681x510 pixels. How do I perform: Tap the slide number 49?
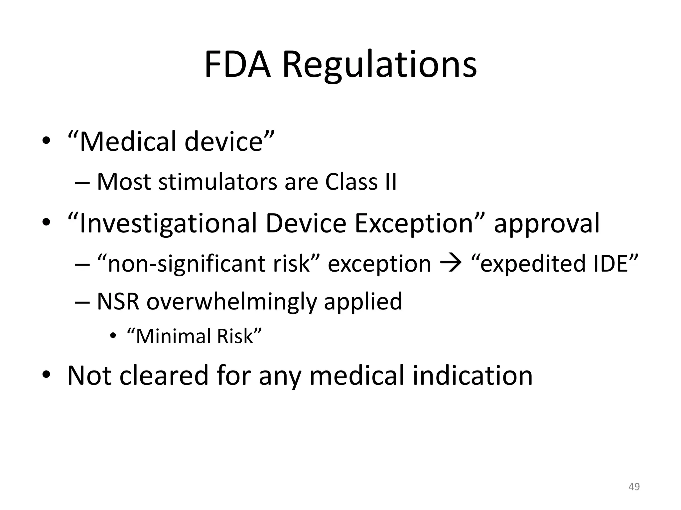coord(634,487)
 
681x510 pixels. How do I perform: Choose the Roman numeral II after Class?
coord(390,182)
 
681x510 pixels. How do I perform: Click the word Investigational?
coord(168,224)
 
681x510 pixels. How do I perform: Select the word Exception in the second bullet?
coord(414,224)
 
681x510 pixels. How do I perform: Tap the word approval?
coord(547,224)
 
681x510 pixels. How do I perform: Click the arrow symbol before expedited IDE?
coord(451,264)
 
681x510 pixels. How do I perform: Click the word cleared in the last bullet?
coord(163,376)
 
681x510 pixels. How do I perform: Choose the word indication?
coord(472,376)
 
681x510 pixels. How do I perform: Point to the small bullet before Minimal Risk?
coord(113,336)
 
